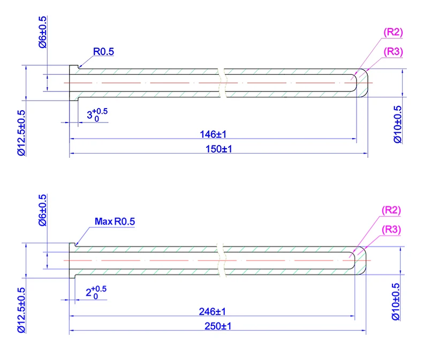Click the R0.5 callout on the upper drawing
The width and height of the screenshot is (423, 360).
[104, 52]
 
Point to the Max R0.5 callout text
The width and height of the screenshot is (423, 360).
[115, 221]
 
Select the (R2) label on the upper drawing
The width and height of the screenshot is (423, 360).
[393, 32]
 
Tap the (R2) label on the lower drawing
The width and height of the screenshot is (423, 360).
[393, 210]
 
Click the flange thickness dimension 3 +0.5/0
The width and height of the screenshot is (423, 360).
[96, 114]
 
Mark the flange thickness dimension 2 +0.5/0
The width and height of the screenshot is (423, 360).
[95, 292]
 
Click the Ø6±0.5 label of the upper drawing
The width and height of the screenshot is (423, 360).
[43, 32]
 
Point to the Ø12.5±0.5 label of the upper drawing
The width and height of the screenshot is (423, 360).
[21, 132]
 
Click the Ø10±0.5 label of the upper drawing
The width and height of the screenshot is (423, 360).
[397, 124]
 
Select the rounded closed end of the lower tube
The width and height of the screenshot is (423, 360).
[362, 261]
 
